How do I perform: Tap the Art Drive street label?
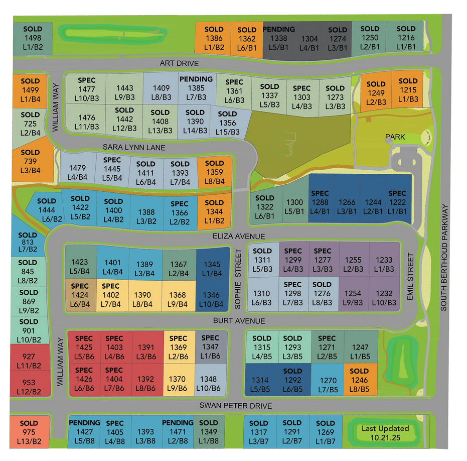(x=180, y=64)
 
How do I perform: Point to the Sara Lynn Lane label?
(x=134, y=148)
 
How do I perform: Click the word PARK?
(x=395, y=137)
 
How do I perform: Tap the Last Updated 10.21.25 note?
(x=385, y=433)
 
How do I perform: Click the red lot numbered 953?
(x=29, y=387)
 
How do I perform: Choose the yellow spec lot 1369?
(x=179, y=348)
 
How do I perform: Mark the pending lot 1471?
(x=178, y=432)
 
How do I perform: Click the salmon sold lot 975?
(x=29, y=432)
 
